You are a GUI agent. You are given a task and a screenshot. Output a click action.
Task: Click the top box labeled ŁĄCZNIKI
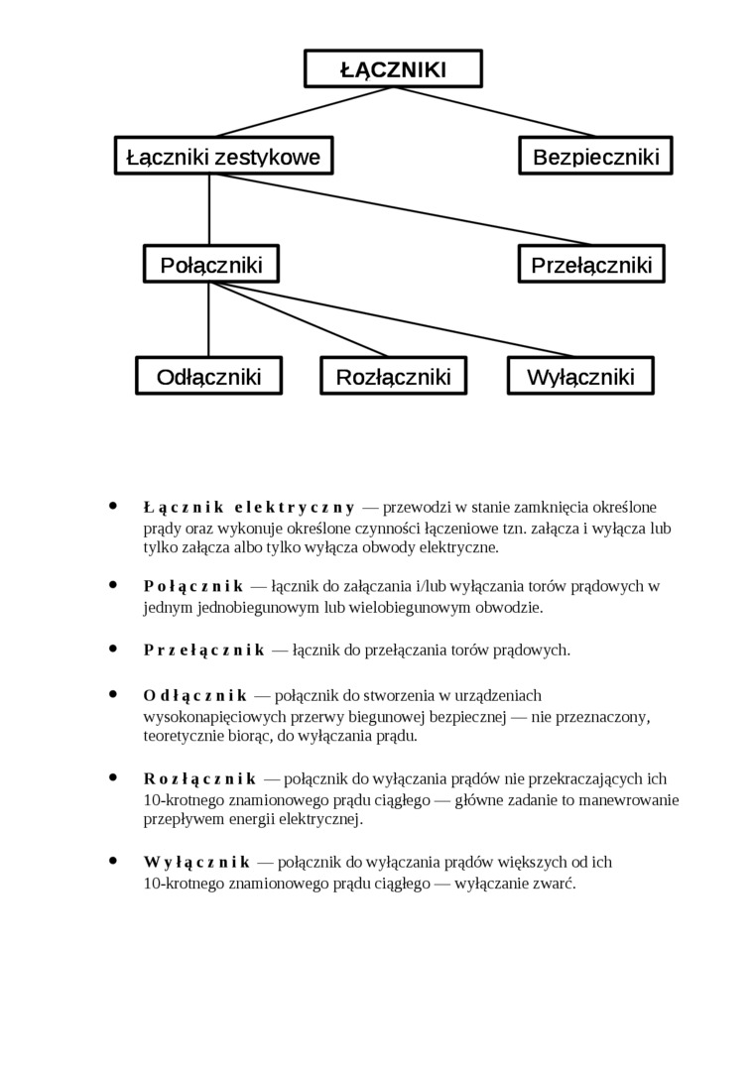[393, 69]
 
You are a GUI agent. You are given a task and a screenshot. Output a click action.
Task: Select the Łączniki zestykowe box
[223, 157]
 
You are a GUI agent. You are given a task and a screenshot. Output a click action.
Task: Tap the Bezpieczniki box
[595, 157]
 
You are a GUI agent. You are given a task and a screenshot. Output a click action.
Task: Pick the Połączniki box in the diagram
[210, 265]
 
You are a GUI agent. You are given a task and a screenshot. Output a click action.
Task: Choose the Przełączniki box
[591, 265]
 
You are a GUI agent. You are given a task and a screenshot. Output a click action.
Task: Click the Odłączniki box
[208, 377]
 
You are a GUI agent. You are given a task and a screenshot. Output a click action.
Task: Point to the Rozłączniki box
[393, 377]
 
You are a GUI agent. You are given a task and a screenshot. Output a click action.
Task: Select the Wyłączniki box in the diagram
[580, 377]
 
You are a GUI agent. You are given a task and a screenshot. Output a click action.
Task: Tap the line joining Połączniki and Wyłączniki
[397, 321]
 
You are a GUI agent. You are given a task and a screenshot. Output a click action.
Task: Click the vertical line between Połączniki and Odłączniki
[209, 320]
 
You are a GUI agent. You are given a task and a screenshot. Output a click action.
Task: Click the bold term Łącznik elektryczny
[248, 508]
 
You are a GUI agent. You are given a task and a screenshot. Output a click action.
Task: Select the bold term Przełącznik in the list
[203, 651]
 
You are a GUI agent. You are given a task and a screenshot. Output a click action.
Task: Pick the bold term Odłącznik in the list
[194, 695]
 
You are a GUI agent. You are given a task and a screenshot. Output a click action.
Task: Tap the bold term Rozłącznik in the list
[199, 778]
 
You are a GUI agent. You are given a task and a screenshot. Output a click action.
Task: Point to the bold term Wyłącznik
[195, 862]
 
